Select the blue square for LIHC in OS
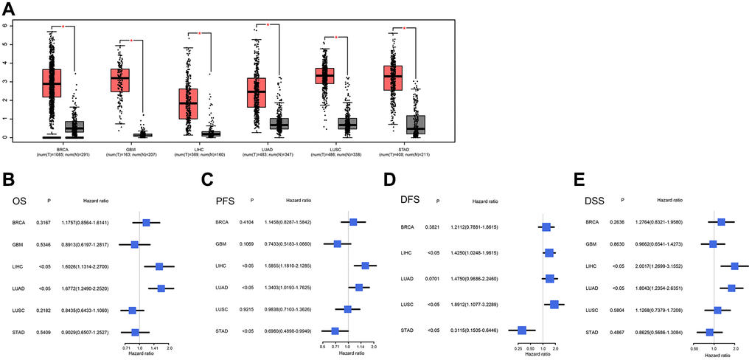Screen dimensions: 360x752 coord(159,266)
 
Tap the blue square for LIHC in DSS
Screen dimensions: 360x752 coord(734,266)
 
